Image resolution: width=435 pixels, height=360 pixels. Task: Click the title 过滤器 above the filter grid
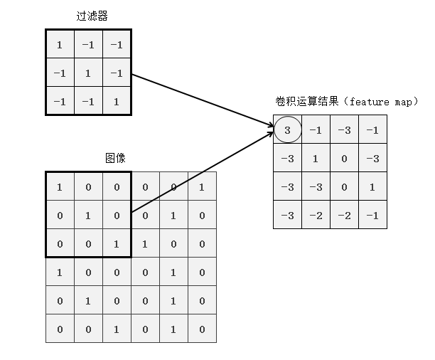tap(87, 15)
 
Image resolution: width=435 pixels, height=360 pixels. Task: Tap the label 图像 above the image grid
tap(114, 157)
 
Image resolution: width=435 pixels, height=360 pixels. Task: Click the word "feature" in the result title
tap(369, 102)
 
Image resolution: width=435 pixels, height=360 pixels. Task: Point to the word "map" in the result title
tap(403, 102)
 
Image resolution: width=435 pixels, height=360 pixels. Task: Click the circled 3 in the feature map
tap(287, 129)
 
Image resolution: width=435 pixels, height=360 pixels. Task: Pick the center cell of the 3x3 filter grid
tap(88, 73)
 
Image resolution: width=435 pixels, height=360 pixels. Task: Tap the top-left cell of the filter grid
tap(60, 44)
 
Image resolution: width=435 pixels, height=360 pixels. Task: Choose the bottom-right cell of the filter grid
tap(117, 101)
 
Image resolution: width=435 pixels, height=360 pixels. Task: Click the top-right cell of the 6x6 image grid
tap(202, 186)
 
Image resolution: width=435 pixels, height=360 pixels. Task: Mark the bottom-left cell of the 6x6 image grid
tap(60, 329)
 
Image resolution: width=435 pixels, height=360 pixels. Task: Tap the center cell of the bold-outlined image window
tap(88, 215)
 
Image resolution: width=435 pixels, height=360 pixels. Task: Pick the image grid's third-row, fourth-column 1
tap(145, 243)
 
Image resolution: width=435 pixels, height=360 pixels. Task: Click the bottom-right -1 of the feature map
tap(372, 215)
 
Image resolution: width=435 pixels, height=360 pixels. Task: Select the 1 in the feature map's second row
tap(316, 158)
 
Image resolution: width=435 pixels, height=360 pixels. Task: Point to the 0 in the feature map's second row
tap(344, 158)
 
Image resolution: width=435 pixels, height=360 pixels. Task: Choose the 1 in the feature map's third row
tap(372, 186)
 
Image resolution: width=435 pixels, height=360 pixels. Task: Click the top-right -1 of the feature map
tap(372, 129)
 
